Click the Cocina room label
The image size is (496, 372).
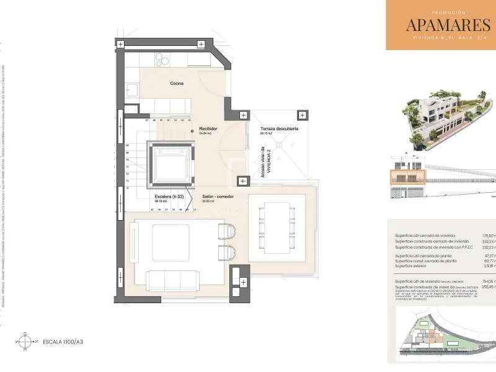[x=177, y=83]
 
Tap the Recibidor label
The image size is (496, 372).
[x=207, y=129]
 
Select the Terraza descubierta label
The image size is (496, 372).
[x=279, y=129]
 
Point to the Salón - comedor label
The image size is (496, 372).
[x=217, y=197]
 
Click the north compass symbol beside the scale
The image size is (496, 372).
[x=25, y=341]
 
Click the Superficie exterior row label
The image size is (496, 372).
[x=415, y=265]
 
